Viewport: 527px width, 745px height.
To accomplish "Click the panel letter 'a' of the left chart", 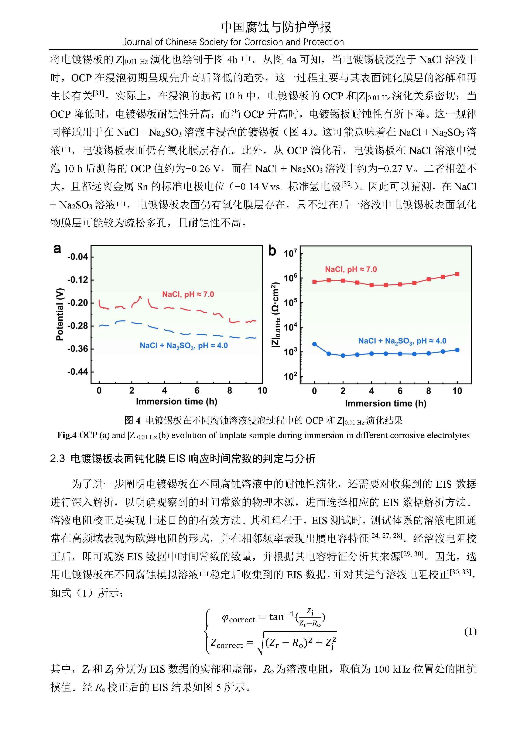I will pyautogui.click(x=57, y=249).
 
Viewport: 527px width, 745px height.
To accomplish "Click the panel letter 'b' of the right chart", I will pyautogui.click(x=272, y=251).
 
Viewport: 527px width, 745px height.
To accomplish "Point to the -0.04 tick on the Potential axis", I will pyautogui.click(x=78, y=257).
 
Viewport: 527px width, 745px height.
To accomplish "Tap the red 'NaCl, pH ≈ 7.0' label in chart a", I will pyautogui.click(x=188, y=294).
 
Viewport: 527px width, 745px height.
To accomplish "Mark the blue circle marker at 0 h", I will pyautogui.click(x=314, y=344).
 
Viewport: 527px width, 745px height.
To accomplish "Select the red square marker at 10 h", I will pyautogui.click(x=457, y=274).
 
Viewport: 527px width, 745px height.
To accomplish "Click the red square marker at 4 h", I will pyautogui.click(x=372, y=285).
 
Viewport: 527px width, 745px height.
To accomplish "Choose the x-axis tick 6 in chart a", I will pyautogui.click(x=197, y=390).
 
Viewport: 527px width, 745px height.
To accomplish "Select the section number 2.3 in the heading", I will pyautogui.click(x=57, y=459).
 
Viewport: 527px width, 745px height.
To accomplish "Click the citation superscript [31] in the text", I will pyautogui.click(x=98, y=93).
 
